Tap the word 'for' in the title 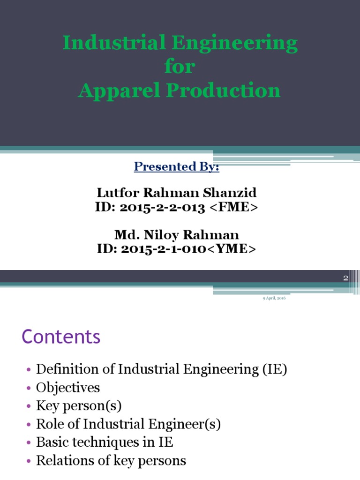click(x=180, y=67)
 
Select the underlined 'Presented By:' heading click(x=177, y=167)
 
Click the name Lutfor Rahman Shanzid click(x=177, y=193)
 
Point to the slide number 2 click(x=345, y=278)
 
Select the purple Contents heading click(x=61, y=337)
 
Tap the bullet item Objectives click(x=68, y=388)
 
